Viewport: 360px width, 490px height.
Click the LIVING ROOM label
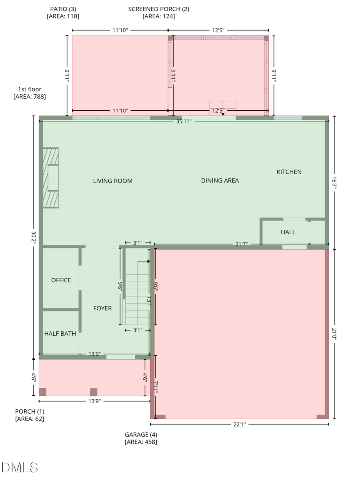point(113,181)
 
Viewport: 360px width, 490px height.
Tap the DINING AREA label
point(220,181)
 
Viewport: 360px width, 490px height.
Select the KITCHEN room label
point(289,172)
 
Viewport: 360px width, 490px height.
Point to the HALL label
point(288,232)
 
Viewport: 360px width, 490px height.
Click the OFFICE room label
point(61,280)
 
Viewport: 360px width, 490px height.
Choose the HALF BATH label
point(60,333)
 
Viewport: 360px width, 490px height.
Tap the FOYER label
point(102,308)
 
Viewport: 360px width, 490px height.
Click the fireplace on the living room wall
point(51,178)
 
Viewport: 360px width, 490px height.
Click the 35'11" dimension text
point(184,122)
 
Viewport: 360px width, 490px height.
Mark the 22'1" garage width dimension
point(239,424)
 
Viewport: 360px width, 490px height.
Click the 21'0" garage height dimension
point(335,334)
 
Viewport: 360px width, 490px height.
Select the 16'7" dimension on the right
point(335,183)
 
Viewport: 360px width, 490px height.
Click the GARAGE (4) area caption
point(141,438)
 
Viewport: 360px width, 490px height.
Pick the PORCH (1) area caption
point(30,415)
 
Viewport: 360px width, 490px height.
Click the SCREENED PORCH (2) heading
point(158,12)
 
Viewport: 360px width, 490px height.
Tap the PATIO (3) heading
point(63,12)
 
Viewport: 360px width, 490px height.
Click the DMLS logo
point(20,467)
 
